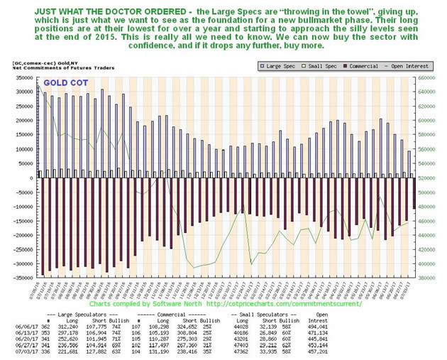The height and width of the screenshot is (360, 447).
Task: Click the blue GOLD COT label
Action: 65,82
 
